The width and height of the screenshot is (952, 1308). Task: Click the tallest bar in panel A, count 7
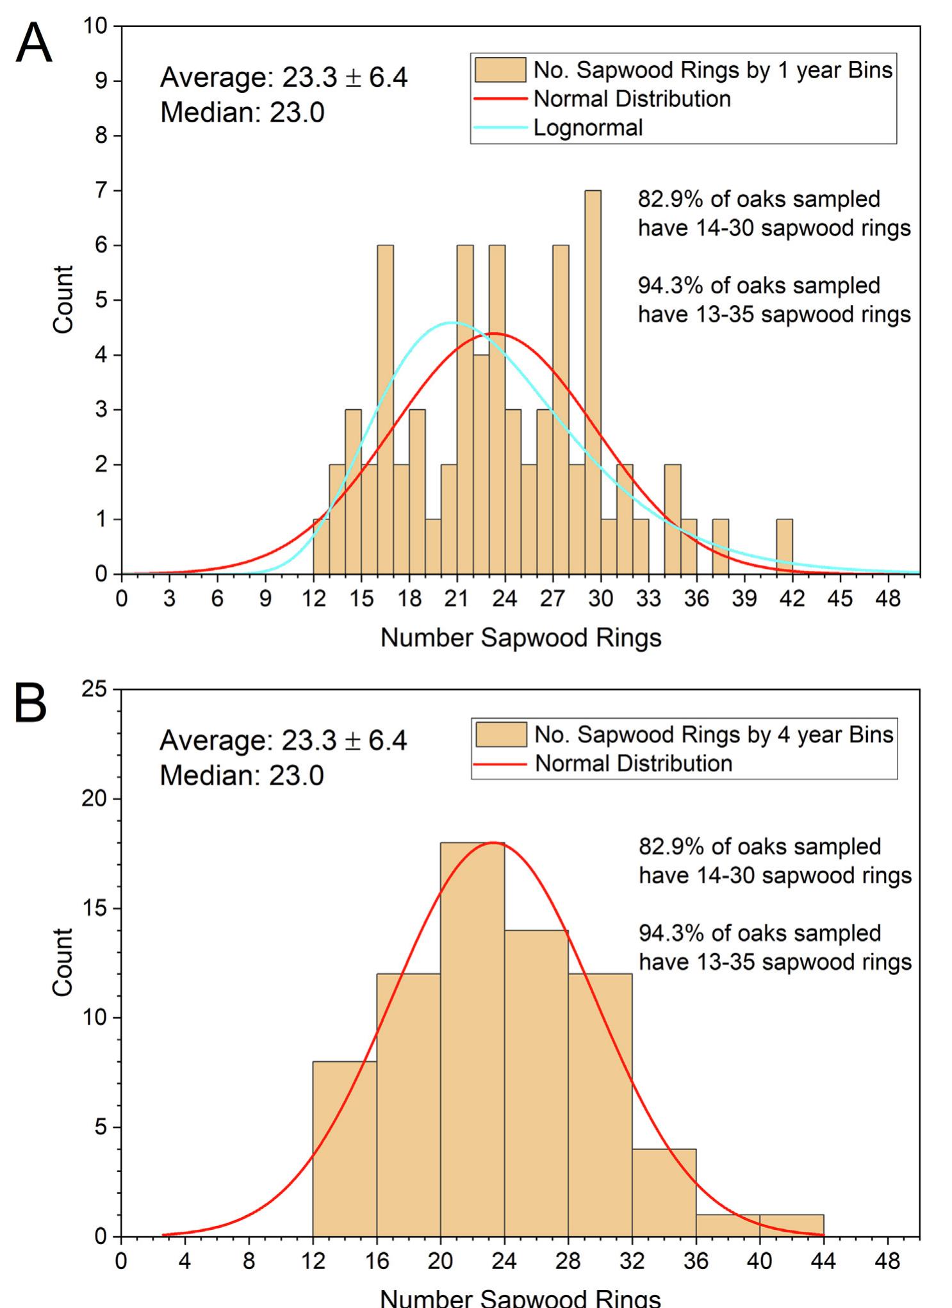coord(593,384)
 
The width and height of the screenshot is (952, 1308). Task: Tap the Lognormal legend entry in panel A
coord(587,128)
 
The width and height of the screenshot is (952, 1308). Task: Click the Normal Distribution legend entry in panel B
coord(633,764)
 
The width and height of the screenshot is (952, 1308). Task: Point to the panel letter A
coord(33,44)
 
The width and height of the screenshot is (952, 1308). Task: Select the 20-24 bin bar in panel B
coord(472,1038)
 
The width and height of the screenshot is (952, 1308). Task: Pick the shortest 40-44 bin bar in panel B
coord(791,1225)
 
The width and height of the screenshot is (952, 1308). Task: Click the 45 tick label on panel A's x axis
coord(839,599)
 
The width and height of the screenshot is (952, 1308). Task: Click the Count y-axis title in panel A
coord(63,300)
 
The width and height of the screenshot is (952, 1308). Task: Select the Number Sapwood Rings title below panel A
coord(520,638)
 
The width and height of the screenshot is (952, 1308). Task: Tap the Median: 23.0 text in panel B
coord(242,776)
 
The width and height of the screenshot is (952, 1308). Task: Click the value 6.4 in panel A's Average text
coord(388,78)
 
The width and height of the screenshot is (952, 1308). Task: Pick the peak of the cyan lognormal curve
coord(453,322)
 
